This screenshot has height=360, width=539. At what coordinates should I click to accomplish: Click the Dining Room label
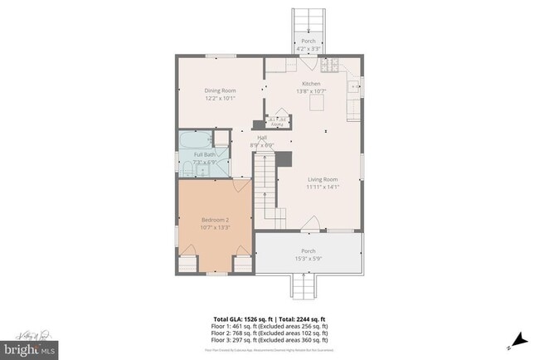pyautogui.click(x=221, y=90)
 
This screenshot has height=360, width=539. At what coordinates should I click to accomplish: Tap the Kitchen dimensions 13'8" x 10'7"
pyautogui.click(x=311, y=91)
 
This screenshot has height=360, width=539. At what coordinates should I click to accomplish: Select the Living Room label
pyautogui.click(x=322, y=179)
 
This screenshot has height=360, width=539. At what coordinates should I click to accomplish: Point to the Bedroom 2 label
pyautogui.click(x=214, y=220)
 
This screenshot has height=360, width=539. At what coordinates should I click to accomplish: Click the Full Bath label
pyautogui.click(x=205, y=154)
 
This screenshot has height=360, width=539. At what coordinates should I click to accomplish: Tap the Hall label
pyautogui.click(x=262, y=138)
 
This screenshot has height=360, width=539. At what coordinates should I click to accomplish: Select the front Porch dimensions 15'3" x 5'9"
pyautogui.click(x=308, y=258)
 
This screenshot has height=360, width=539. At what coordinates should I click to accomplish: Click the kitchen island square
pyautogui.click(x=317, y=104)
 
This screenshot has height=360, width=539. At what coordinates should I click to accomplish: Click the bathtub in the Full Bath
pyautogui.click(x=194, y=139)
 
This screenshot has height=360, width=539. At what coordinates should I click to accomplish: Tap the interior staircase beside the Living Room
pyautogui.click(x=264, y=187)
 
